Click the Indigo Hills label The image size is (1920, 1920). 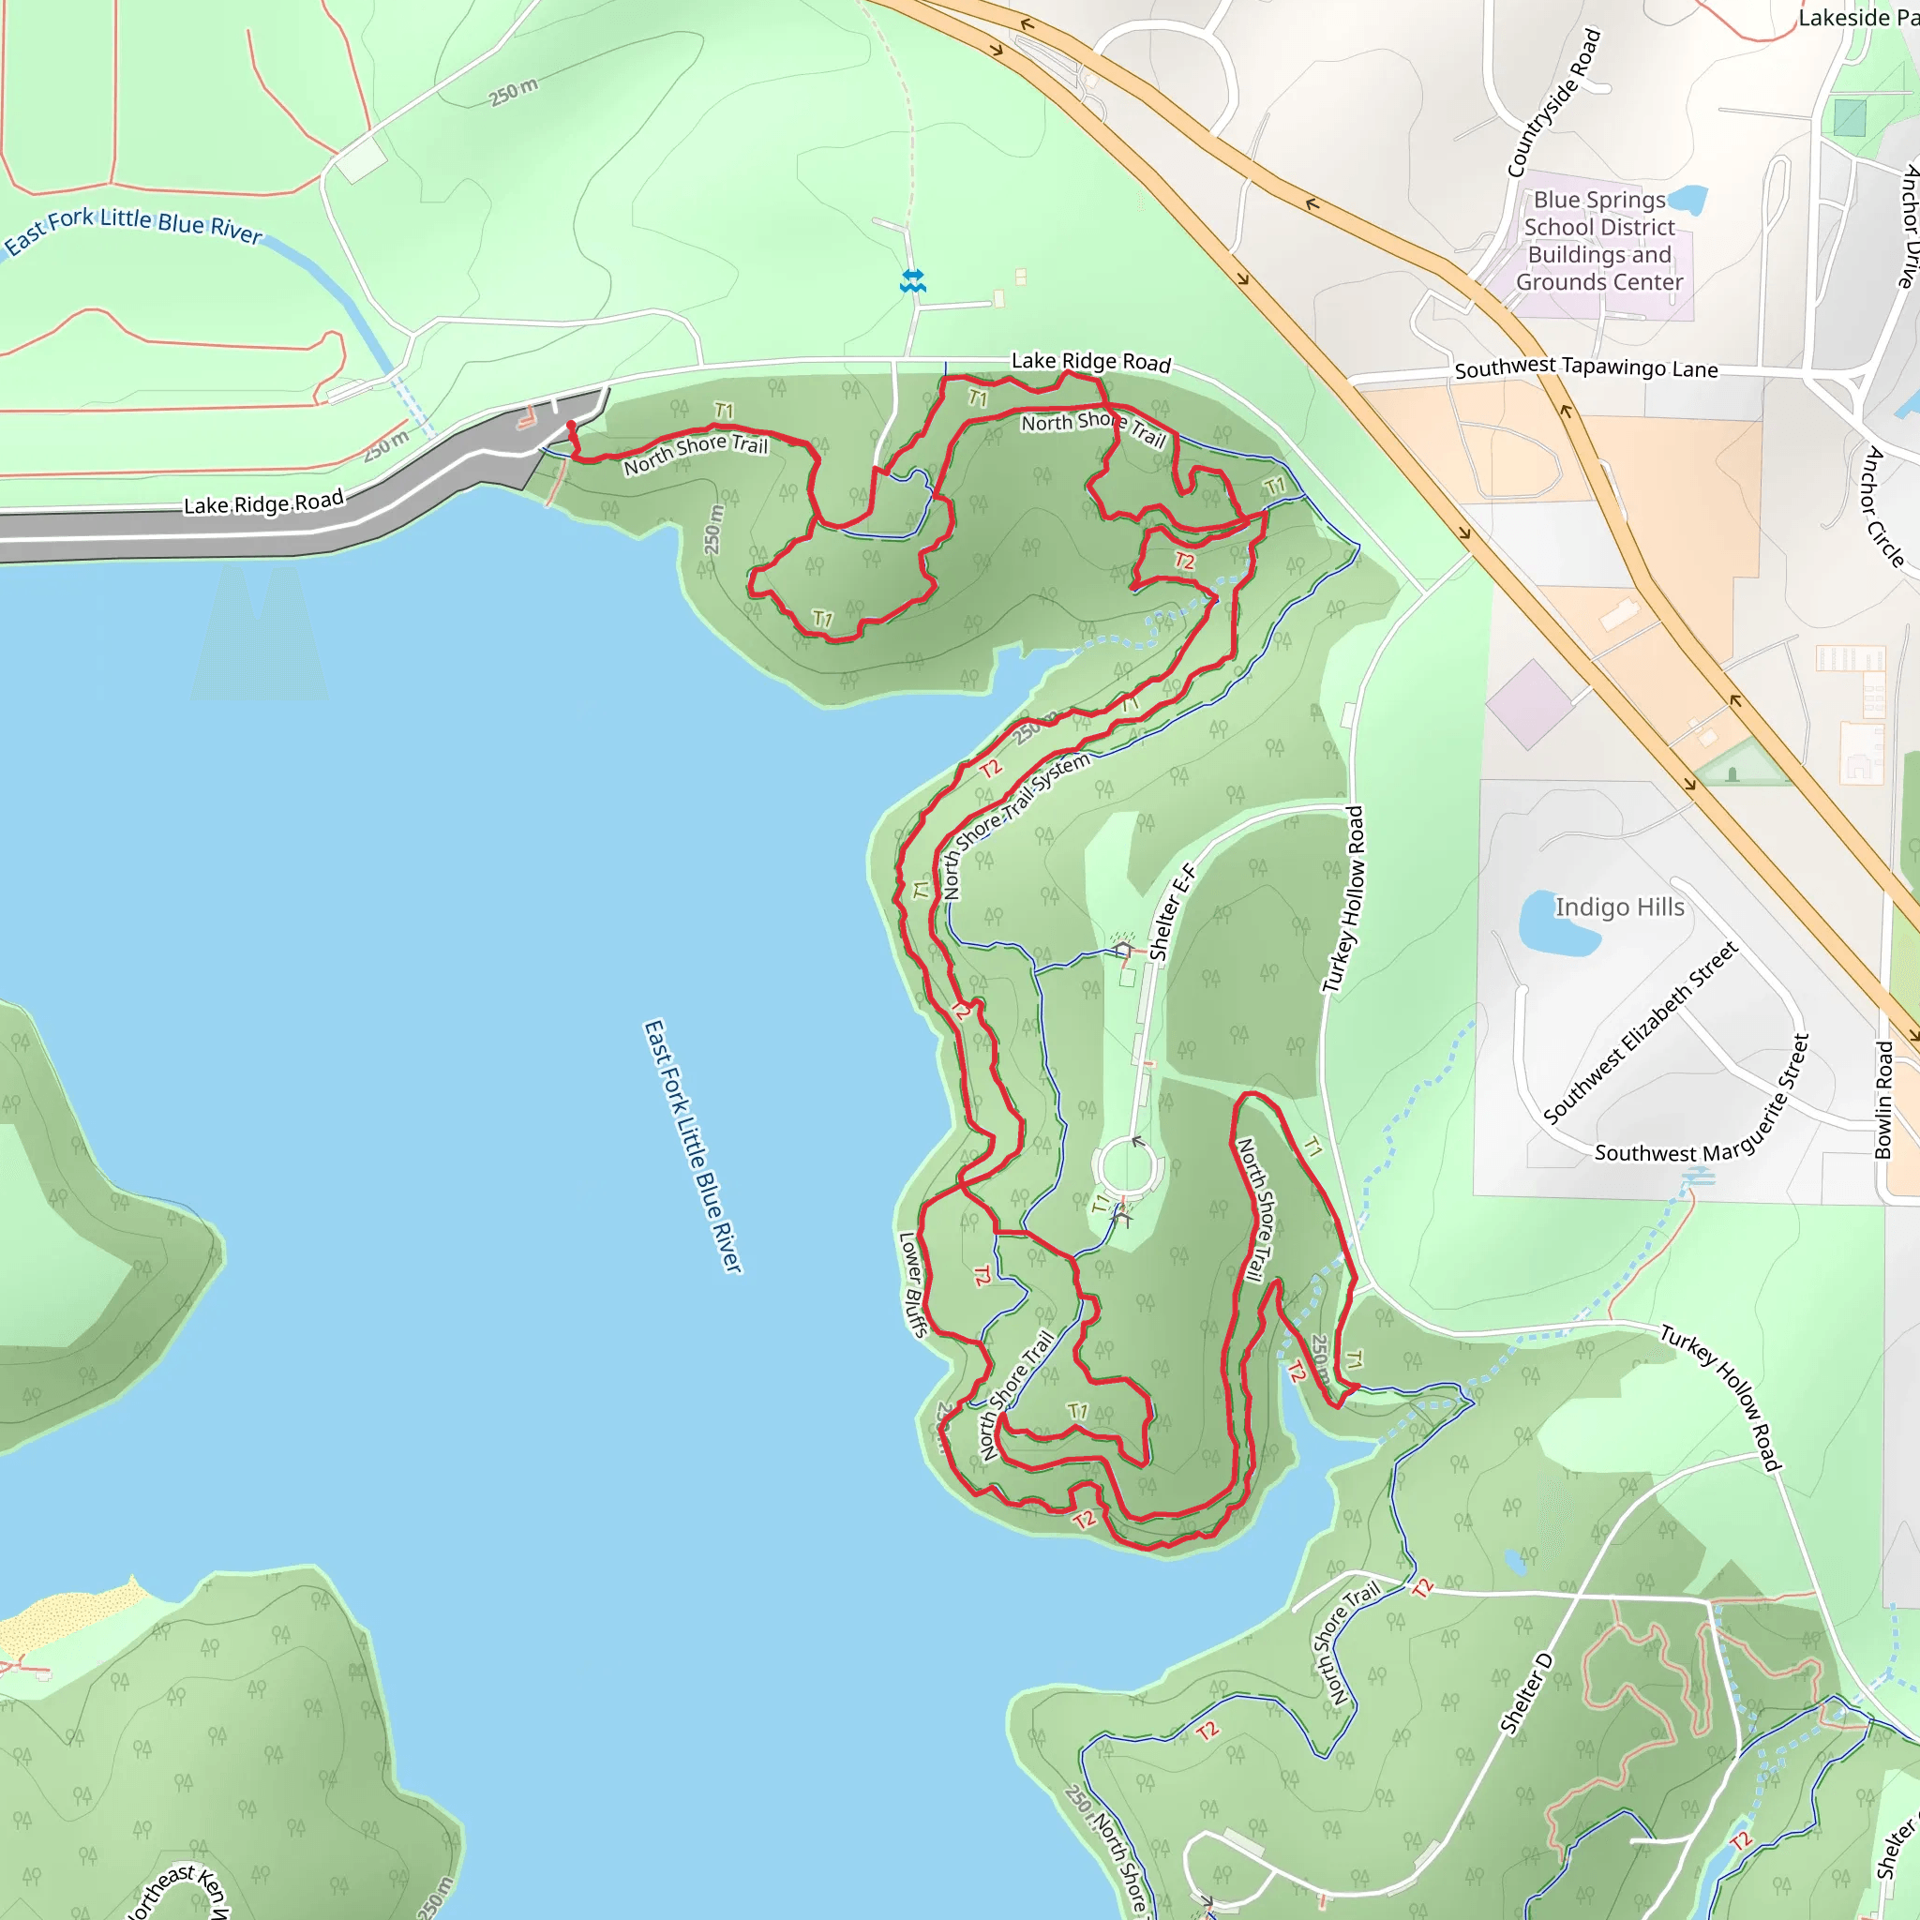[1619, 907]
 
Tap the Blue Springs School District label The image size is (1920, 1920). [1599, 242]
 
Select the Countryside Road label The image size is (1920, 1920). [1554, 103]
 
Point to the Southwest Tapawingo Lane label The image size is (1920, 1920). [1586, 367]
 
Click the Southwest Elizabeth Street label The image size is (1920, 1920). [1641, 1032]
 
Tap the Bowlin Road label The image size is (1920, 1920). [1883, 1100]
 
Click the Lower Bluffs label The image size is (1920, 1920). [911, 1284]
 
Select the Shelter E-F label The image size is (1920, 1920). [1173, 911]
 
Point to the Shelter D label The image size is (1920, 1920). [1525, 1693]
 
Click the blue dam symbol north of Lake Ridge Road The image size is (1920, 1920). [912, 281]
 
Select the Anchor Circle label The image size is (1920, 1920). [1884, 507]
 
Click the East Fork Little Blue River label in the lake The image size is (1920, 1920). [693, 1145]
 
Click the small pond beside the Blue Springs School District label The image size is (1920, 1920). [1689, 198]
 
